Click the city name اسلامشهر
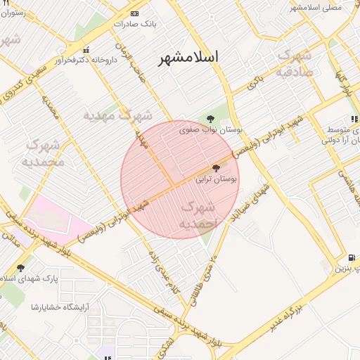pyautogui.click(x=188, y=57)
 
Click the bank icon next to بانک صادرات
pyautogui.click(x=135, y=13)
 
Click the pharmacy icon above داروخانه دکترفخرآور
pyautogui.click(x=86, y=50)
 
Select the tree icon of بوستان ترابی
pyautogui.click(x=215, y=168)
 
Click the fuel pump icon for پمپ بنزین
pyautogui.click(x=352, y=257)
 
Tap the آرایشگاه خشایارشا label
pyautogui.click(x=55, y=307)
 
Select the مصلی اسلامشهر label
pyautogui.click(x=316, y=6)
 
